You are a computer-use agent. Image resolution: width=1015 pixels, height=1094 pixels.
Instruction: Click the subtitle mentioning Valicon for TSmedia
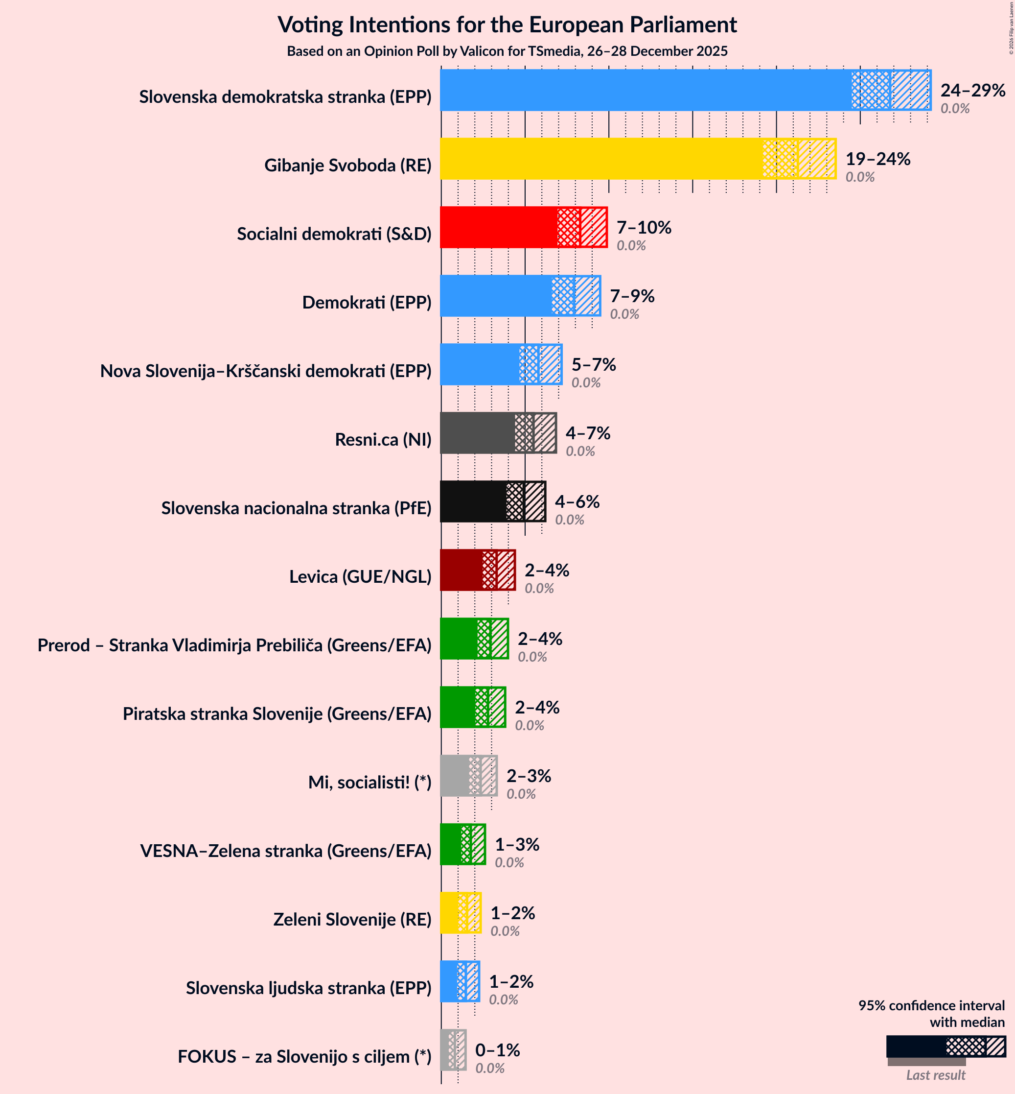pyautogui.click(x=507, y=51)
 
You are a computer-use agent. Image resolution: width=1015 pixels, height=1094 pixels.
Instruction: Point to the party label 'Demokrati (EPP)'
pyautogui.click(x=367, y=302)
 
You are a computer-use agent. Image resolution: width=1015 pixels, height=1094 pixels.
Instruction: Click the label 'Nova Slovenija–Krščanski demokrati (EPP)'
pyautogui.click(x=265, y=371)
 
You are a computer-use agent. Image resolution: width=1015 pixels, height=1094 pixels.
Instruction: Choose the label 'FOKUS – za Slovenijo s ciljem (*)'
pyautogui.click(x=304, y=1056)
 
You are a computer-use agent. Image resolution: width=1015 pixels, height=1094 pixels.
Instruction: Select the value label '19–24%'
pyautogui.click(x=877, y=159)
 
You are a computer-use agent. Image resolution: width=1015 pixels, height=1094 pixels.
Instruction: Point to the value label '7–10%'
pyautogui.click(x=643, y=228)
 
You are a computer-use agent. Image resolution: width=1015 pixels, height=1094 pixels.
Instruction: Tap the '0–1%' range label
pyautogui.click(x=497, y=1049)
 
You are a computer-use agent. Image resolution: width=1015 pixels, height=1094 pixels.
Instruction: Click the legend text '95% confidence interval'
pyautogui.click(x=931, y=1005)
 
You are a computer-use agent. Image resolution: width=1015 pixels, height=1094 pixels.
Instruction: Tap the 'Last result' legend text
pyautogui.click(x=935, y=1075)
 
